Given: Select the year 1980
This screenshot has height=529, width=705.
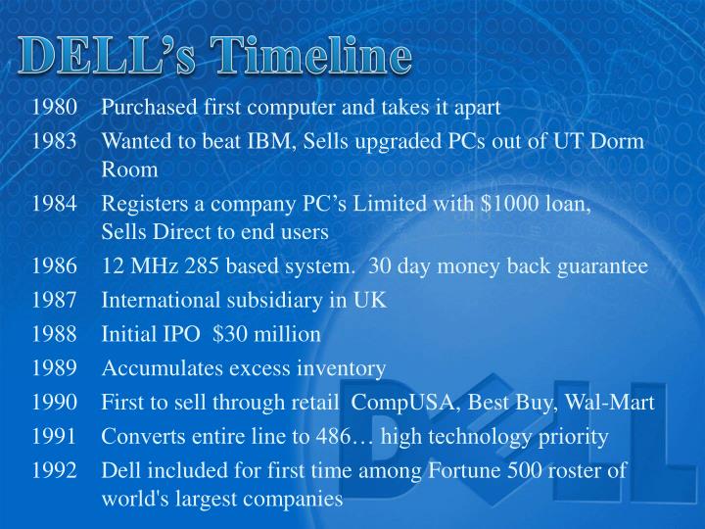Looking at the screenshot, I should point(54,108).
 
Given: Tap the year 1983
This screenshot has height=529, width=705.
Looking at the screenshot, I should point(54,141).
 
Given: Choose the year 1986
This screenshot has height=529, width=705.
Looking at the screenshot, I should point(54,266).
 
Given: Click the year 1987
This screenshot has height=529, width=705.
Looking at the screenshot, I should point(54,301).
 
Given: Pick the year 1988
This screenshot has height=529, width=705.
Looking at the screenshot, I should point(54,334).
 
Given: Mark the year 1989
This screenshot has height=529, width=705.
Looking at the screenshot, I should point(54,368).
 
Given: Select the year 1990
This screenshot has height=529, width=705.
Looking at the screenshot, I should point(54,402).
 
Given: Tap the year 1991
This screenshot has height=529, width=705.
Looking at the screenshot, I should point(54,436).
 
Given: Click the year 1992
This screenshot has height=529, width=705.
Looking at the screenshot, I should point(54,469).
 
